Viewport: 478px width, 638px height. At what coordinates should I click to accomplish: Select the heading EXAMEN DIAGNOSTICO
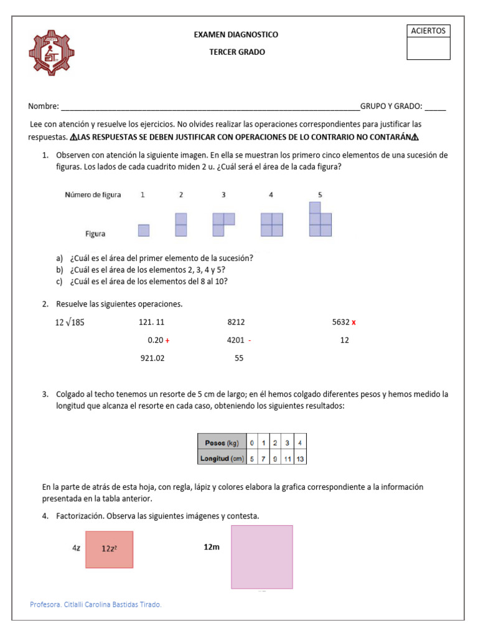pos(237,35)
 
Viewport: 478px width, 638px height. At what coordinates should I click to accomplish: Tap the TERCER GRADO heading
pos(237,52)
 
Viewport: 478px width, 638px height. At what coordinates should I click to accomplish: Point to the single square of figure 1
pos(144,230)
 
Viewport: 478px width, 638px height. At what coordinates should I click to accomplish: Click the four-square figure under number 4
pos(271,224)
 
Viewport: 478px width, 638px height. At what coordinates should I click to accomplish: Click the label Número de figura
pos(93,195)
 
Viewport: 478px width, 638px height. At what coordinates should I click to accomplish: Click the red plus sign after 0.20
pos(167,341)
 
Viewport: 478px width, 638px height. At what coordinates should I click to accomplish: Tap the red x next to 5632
pos(354,323)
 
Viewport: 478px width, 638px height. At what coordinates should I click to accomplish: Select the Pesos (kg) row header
pos(222,442)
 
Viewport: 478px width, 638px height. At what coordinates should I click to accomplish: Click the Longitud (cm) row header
pos(222,459)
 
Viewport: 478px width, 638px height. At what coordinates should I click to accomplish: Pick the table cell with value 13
pos(300,459)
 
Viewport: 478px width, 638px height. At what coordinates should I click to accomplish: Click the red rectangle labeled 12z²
pos(110,549)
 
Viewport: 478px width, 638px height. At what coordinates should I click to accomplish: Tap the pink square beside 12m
pos(261,556)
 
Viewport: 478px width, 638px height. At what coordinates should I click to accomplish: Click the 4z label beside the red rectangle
pos(77,548)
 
